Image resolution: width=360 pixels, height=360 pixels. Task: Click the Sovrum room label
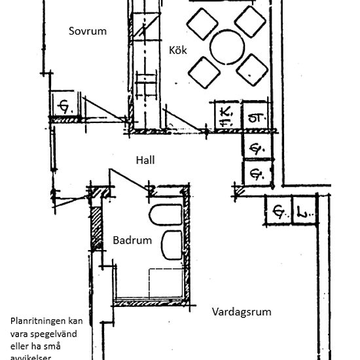[x=87, y=31]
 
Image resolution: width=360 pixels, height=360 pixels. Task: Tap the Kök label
[x=177, y=50]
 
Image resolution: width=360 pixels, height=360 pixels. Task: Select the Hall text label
[x=145, y=160]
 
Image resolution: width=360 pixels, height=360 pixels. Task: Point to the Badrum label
[x=132, y=240]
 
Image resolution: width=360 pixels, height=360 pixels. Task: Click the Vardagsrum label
[x=242, y=312]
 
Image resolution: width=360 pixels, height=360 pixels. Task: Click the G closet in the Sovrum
[x=65, y=105]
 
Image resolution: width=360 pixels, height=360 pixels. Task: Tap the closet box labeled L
[x=304, y=212]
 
